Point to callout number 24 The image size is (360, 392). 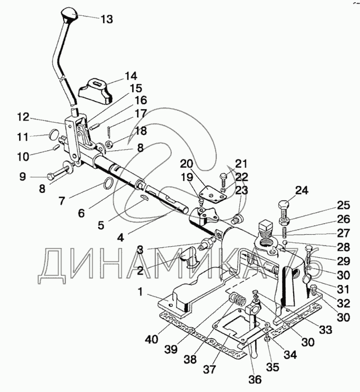301,191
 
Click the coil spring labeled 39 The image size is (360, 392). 237,300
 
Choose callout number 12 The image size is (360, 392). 22,117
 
